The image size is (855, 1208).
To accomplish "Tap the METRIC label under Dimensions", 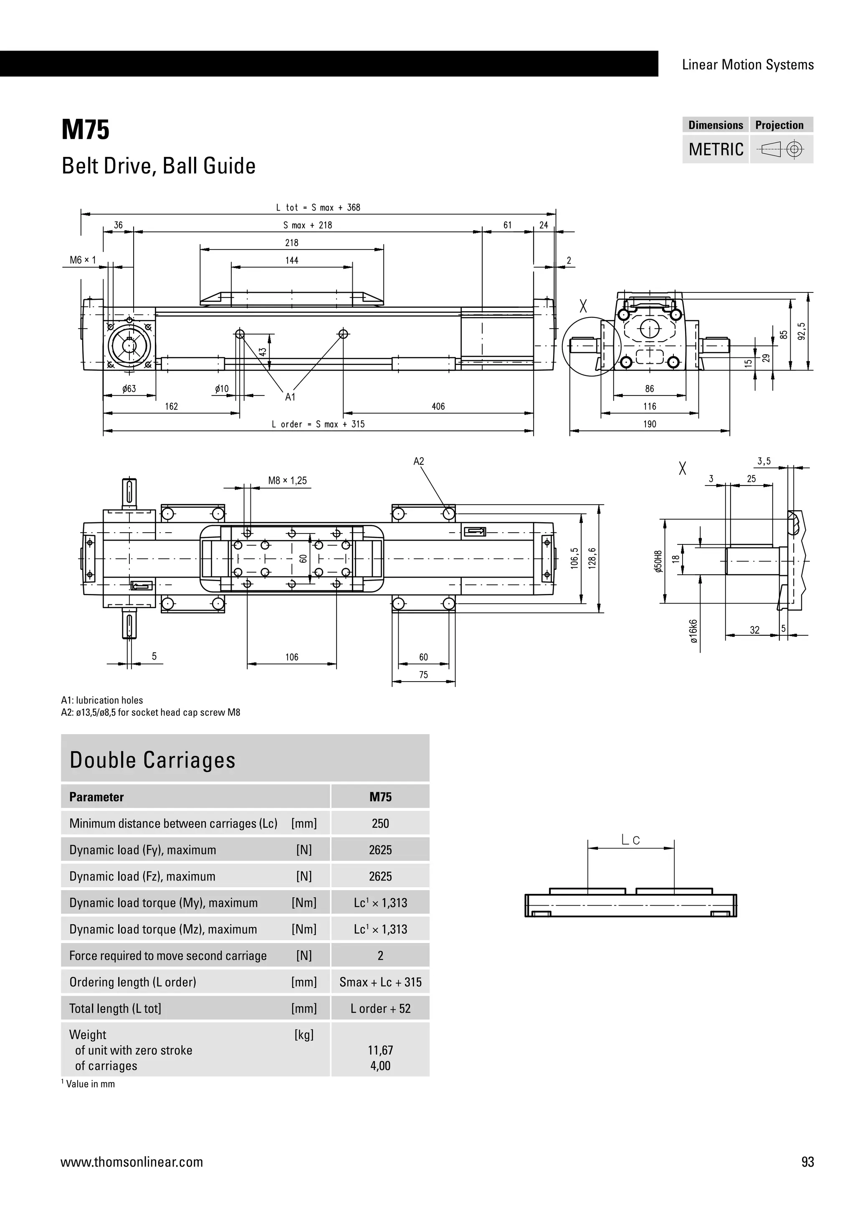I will pyautogui.click(x=716, y=149).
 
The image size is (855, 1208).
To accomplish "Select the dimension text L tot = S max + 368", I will pyautogui.click(x=318, y=208).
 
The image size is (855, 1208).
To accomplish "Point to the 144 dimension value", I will pyautogui.click(x=292, y=260).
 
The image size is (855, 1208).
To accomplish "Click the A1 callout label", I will pyautogui.click(x=291, y=397).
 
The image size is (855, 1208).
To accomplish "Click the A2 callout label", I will pyautogui.click(x=419, y=461).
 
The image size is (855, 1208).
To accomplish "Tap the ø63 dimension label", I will pyautogui.click(x=129, y=389).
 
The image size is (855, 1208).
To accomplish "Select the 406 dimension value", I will pyautogui.click(x=438, y=406).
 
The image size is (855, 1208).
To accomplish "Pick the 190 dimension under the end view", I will pyautogui.click(x=650, y=424).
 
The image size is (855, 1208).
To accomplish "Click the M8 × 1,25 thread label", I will pyautogui.click(x=288, y=481).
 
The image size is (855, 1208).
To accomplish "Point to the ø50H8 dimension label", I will pyautogui.click(x=658, y=561).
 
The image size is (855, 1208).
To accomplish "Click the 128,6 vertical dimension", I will pyautogui.click(x=592, y=558).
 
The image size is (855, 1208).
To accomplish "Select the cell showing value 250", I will pyautogui.click(x=380, y=823).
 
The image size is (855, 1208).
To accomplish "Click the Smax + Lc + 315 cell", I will pyautogui.click(x=380, y=982).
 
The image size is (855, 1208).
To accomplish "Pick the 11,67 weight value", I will pyautogui.click(x=380, y=1050).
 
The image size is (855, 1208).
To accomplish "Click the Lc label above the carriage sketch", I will pyautogui.click(x=630, y=840).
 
